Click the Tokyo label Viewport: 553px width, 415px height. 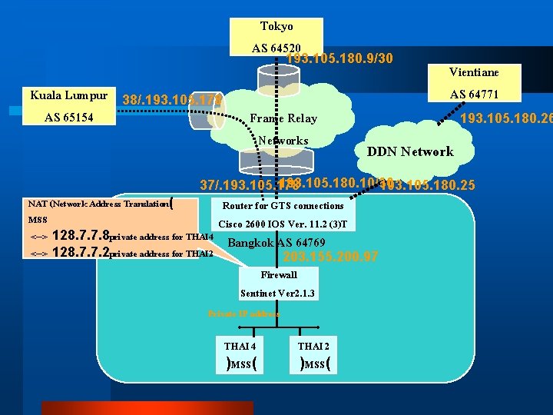coord(276,26)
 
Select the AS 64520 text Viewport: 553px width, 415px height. coord(276,48)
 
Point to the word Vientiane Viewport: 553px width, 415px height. coord(474,72)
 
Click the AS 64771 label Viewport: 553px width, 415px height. coord(474,95)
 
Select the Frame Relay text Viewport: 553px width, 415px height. coord(283,118)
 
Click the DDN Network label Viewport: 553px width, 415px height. coord(410,151)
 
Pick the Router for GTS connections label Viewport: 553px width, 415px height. coord(283,206)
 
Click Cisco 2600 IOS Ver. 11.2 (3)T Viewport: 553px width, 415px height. coord(283,224)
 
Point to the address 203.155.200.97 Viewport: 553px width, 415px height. coord(330,257)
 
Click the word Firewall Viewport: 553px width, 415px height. coord(278,274)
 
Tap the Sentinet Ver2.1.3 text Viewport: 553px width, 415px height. coord(277,294)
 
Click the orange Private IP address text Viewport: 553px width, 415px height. coord(243,314)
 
